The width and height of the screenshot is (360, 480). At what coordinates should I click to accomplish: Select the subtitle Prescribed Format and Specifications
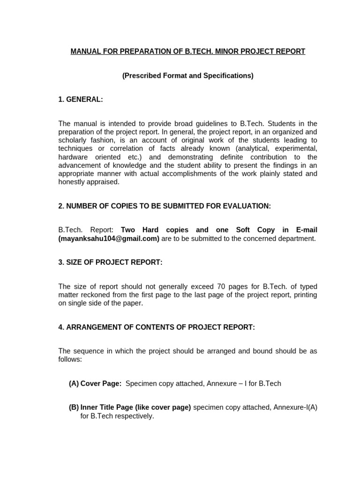click(x=187, y=76)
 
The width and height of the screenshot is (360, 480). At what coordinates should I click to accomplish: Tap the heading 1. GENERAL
click(x=81, y=99)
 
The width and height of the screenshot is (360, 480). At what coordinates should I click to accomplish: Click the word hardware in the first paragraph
click(x=73, y=157)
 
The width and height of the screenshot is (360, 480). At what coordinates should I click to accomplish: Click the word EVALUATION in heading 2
click(x=246, y=206)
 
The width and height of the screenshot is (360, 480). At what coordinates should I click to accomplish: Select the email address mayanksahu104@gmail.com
click(x=109, y=239)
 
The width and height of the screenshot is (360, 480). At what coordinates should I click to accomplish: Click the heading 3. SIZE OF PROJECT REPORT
click(x=110, y=262)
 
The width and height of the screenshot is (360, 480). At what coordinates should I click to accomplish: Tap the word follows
click(x=70, y=360)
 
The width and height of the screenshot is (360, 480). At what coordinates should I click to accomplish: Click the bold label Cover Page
click(x=101, y=384)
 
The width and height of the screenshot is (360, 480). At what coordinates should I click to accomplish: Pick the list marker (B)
click(x=74, y=408)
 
